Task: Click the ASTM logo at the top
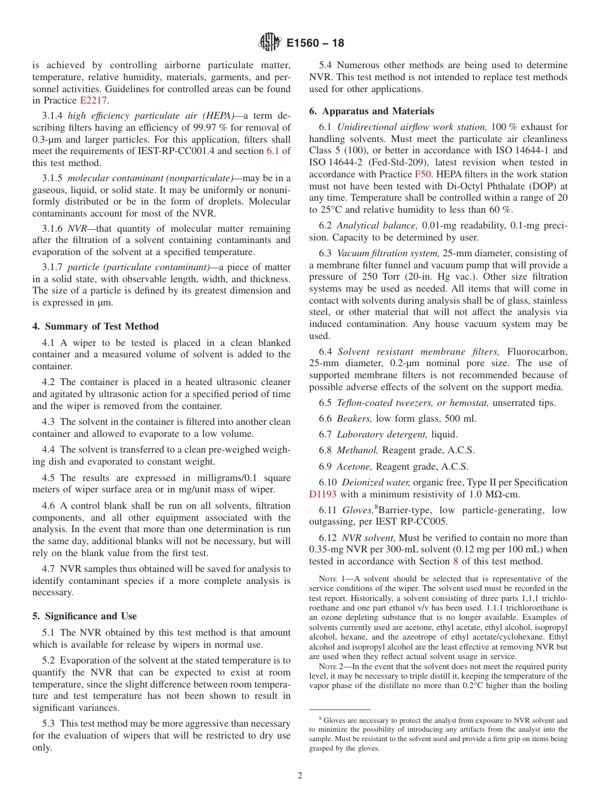tap(270, 43)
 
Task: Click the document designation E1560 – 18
tap(315, 44)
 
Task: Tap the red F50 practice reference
tap(423, 174)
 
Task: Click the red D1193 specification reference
tap(323, 494)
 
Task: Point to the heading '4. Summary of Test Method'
tap(95, 326)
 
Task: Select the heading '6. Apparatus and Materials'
tap(371, 111)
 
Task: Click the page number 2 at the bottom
tap(300, 775)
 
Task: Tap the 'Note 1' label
tap(330, 579)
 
